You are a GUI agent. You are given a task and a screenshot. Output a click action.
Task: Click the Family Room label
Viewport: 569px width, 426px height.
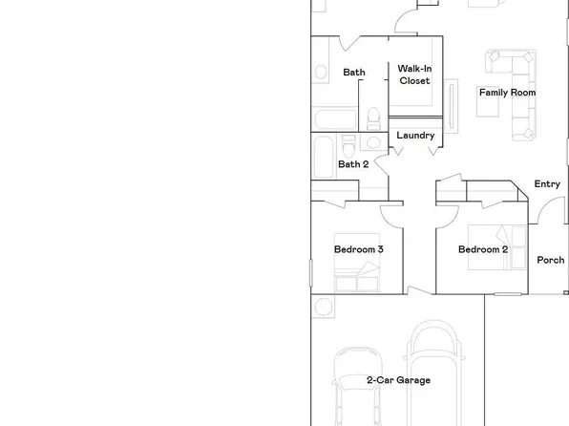click(506, 93)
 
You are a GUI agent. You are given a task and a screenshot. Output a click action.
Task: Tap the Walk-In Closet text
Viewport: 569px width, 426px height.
click(413, 75)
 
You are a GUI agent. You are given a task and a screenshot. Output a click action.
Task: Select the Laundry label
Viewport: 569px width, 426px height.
click(415, 136)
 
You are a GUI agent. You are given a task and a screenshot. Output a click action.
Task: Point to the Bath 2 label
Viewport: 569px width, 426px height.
click(353, 164)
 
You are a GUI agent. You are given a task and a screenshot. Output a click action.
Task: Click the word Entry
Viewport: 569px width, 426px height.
click(547, 184)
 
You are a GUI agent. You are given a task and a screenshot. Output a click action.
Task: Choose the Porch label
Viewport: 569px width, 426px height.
click(550, 260)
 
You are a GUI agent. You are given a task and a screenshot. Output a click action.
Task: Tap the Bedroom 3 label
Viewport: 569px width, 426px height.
click(359, 250)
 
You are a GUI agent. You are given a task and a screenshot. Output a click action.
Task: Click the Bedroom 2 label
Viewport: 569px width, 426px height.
click(482, 250)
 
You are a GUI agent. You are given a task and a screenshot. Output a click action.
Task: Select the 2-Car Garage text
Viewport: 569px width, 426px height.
click(398, 380)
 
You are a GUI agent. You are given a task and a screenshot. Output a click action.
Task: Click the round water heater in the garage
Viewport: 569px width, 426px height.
click(323, 308)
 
